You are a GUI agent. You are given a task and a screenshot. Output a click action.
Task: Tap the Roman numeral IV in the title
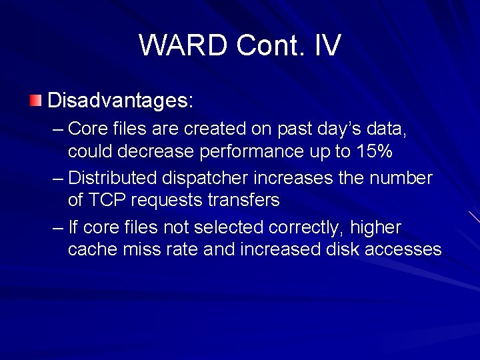point(325,45)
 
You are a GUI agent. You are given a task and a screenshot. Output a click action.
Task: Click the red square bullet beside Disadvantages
point(35,101)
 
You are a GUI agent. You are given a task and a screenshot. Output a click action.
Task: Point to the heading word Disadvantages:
point(121,101)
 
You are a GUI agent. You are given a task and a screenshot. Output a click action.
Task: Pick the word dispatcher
point(198,178)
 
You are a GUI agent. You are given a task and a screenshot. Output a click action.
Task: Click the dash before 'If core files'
point(57,227)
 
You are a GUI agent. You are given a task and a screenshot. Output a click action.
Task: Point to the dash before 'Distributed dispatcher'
point(57,178)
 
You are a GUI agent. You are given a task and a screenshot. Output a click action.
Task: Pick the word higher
point(375,227)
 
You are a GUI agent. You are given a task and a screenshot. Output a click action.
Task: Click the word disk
point(343,249)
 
